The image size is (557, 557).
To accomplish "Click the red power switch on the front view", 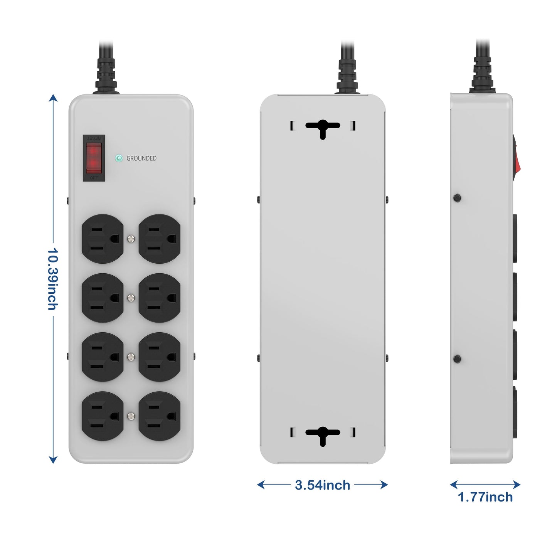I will click(x=94, y=158).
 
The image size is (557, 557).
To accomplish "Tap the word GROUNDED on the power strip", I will click(x=141, y=158).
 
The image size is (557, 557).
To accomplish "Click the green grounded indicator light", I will click(x=119, y=158).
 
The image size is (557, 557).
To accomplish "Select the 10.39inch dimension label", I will click(x=52, y=279).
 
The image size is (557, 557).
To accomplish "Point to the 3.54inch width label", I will click(x=322, y=485).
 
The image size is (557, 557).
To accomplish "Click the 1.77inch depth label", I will click(x=485, y=497).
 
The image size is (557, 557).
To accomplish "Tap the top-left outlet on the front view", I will click(x=103, y=239).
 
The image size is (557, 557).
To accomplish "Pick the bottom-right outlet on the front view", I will click(x=160, y=416).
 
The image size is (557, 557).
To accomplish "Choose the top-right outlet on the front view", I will click(x=160, y=239).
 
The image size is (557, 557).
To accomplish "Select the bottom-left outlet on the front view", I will click(x=103, y=416).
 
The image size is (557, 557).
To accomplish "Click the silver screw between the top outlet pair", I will click(x=131, y=239).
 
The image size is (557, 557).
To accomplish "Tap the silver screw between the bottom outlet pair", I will click(x=131, y=416).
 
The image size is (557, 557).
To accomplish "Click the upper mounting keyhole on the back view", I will click(x=323, y=128).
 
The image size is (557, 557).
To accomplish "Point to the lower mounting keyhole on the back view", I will click(x=323, y=434).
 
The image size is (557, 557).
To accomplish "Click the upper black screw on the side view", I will click(x=458, y=198).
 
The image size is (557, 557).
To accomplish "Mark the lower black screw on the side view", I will click(x=458, y=359).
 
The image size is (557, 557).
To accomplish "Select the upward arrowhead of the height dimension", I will click(x=53, y=98).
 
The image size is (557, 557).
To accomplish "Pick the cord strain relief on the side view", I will click(x=483, y=75).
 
